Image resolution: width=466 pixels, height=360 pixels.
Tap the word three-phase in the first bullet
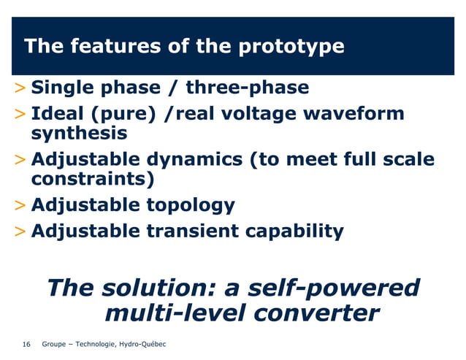tap(247, 88)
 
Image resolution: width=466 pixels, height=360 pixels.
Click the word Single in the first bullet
tap(64, 88)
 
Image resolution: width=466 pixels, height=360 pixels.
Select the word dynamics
tap(196, 160)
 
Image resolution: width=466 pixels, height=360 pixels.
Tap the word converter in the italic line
tap(316, 314)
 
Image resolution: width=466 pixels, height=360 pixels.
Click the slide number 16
tap(27, 344)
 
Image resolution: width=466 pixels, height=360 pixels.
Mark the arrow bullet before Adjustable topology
tap(21, 206)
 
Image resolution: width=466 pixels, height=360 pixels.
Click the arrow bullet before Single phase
tap(21, 89)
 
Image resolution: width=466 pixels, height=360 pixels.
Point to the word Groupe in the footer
tap(56, 344)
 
